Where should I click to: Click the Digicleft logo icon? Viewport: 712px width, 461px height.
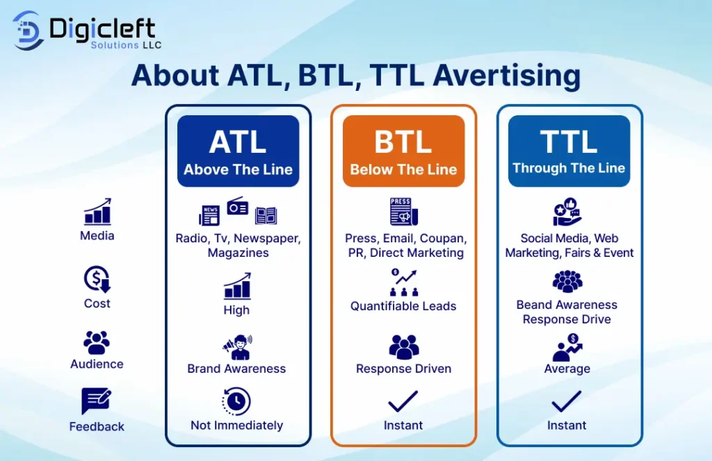(28, 31)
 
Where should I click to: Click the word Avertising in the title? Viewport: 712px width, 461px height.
(507, 75)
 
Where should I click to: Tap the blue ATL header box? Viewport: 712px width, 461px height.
(238, 151)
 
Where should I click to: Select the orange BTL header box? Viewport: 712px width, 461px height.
(404, 151)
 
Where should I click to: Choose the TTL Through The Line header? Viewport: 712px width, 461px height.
(569, 151)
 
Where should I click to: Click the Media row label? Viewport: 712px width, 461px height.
(97, 236)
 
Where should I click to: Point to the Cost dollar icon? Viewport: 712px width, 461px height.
(97, 279)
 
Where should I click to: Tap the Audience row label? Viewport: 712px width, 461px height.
(97, 364)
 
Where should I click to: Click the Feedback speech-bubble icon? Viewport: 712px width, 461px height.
(96, 401)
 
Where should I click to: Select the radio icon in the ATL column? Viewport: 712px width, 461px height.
(238, 206)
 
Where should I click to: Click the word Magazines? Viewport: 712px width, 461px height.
(238, 253)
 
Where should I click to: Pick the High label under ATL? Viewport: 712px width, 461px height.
(236, 310)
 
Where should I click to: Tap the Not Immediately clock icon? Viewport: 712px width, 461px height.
(236, 401)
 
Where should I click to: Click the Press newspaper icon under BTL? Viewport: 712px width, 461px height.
(404, 212)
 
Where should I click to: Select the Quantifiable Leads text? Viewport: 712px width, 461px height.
(403, 306)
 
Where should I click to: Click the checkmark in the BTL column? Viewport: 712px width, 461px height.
(403, 401)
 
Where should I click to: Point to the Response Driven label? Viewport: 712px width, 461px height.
(404, 369)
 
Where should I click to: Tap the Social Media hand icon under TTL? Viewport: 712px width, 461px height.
(567, 212)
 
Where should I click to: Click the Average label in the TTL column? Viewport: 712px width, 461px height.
(567, 369)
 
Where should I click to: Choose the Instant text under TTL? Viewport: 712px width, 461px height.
(567, 425)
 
